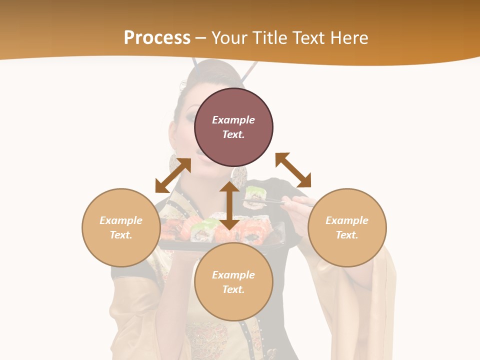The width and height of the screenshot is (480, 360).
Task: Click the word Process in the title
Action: tap(157, 38)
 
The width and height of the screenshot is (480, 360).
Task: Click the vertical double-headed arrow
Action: tap(229, 205)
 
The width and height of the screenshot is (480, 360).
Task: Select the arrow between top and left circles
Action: tap(173, 175)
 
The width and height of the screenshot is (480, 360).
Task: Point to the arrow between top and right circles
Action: tap(293, 170)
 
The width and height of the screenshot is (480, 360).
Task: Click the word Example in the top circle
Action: tap(233, 120)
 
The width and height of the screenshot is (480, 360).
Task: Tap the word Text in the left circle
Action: tap(121, 235)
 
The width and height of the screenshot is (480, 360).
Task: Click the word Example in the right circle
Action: tap(347, 220)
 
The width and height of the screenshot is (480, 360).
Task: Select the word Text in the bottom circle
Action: tap(233, 289)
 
